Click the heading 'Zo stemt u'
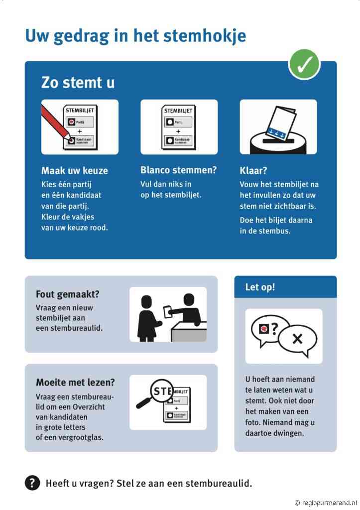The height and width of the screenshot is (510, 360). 78,83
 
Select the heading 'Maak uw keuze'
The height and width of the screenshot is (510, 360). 74,171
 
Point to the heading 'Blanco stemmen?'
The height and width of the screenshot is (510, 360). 178,170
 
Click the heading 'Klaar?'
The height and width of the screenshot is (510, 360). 253,171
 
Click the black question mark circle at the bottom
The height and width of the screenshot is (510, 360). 32,483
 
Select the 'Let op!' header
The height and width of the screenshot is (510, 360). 260,287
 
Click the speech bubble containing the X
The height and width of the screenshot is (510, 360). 297,339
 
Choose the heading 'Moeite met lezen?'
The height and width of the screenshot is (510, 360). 75,382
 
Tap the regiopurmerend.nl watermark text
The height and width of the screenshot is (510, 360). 328,503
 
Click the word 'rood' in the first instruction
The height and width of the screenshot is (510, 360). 99,228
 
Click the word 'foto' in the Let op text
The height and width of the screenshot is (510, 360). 253,422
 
